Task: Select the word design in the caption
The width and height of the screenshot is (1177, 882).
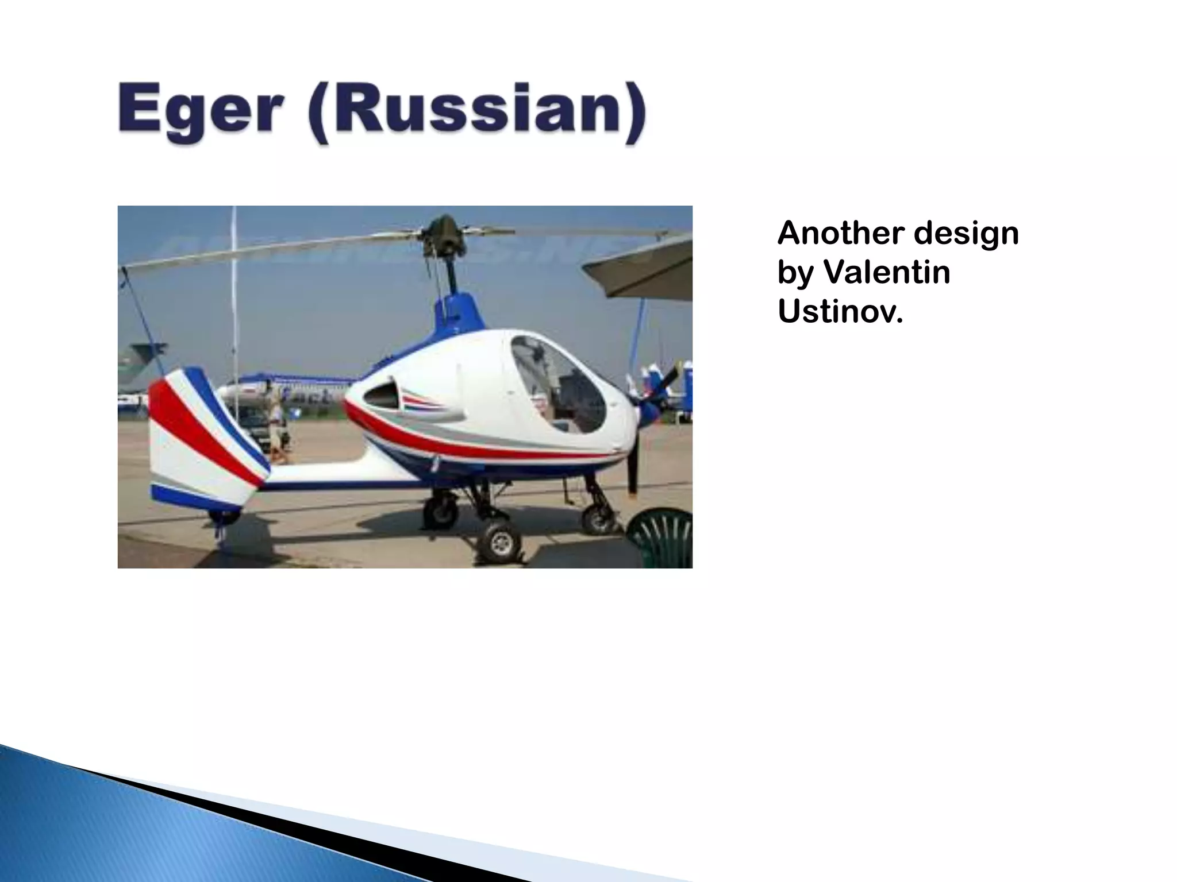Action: [966, 234]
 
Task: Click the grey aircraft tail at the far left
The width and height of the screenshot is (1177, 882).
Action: [138, 367]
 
